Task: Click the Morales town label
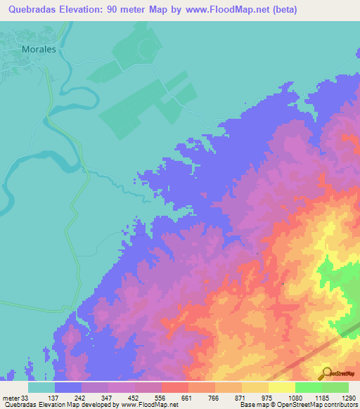tap(39, 51)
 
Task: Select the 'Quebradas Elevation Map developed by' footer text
tap(60, 405)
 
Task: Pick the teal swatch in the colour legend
tap(41, 387)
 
